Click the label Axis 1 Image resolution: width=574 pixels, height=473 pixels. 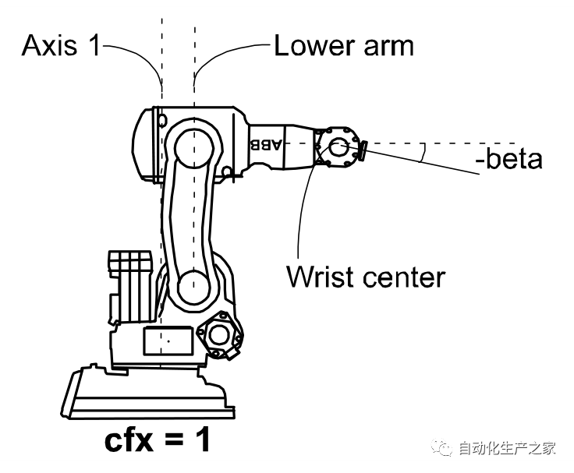click(x=61, y=46)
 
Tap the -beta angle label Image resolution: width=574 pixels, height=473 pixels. click(x=508, y=161)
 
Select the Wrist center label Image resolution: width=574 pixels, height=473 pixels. click(x=366, y=277)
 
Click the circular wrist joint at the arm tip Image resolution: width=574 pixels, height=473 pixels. click(x=338, y=145)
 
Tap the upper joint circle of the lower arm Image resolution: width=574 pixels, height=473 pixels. click(x=190, y=146)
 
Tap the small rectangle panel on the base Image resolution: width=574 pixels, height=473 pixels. click(x=168, y=341)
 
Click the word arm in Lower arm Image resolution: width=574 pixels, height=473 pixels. click(x=387, y=46)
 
